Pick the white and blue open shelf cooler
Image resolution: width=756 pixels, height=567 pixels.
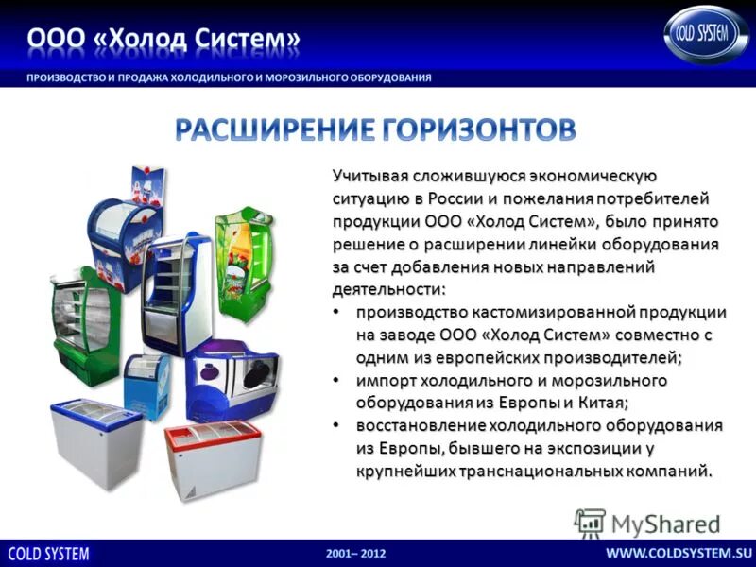pos(174,293)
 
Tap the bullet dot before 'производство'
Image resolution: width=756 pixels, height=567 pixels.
pos(337,312)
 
